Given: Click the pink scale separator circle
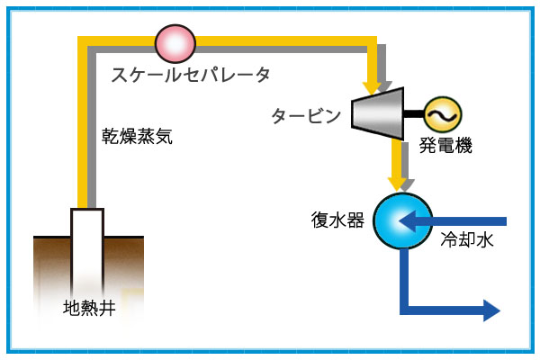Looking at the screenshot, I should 175,42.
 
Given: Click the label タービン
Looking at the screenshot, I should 307,116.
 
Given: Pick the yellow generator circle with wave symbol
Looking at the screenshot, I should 443,114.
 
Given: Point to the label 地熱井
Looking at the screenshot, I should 89,307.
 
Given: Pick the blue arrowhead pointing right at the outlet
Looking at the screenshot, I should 491,311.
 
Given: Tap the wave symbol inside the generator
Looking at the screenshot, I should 443,114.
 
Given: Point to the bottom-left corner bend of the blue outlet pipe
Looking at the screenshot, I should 404,311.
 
